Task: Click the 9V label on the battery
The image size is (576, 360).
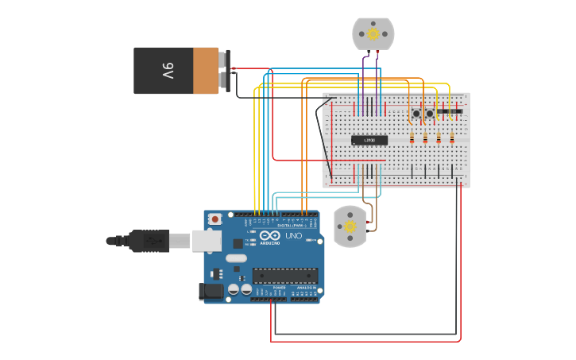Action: click(x=168, y=71)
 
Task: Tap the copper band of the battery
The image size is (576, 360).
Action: click(x=206, y=71)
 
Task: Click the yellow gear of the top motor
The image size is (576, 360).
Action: click(x=373, y=34)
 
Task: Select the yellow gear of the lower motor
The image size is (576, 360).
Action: click(x=349, y=226)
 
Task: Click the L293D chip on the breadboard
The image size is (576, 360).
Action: click(x=369, y=140)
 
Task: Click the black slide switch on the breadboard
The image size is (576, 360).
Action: click(x=449, y=110)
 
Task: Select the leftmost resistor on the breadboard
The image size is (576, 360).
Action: click(x=412, y=139)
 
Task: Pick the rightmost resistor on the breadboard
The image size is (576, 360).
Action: click(x=452, y=139)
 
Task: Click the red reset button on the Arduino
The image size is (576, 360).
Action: click(x=215, y=219)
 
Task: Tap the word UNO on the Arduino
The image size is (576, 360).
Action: click(x=293, y=236)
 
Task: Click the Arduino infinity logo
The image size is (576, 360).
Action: click(x=269, y=236)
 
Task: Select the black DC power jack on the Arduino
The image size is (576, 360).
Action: click(x=212, y=292)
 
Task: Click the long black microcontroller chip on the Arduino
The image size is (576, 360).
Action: click(x=285, y=276)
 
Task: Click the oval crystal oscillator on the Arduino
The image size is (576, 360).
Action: click(x=236, y=258)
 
